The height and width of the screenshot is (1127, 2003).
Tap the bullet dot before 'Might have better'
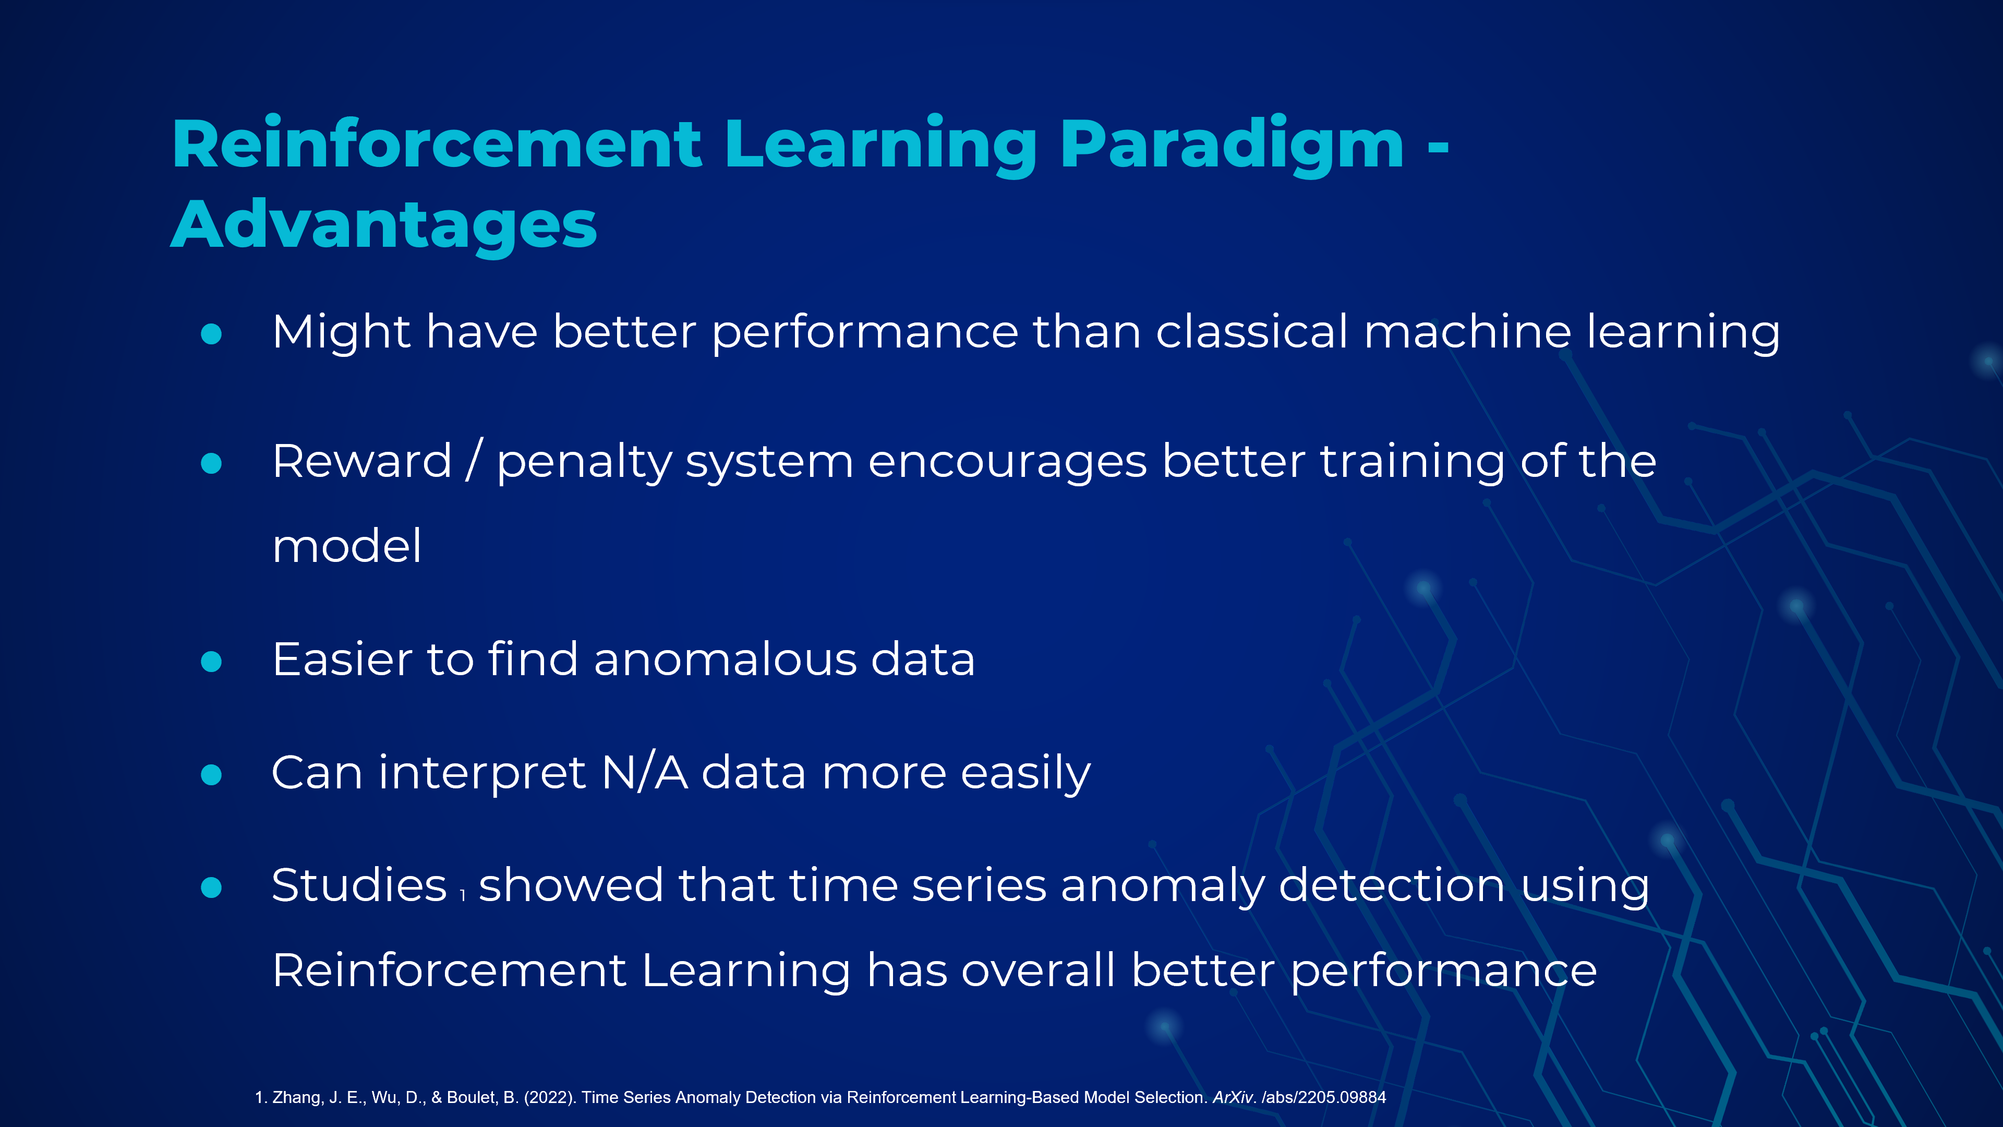(x=211, y=334)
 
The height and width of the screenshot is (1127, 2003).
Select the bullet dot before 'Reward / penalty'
(x=211, y=463)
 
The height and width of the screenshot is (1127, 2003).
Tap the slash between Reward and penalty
(x=474, y=460)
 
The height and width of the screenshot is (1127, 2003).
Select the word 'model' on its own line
(x=347, y=545)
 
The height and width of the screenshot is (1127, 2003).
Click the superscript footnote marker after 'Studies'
(x=463, y=895)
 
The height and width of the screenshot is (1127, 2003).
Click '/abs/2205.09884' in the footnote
(x=1323, y=1097)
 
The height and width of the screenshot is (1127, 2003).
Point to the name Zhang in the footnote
(x=297, y=1097)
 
